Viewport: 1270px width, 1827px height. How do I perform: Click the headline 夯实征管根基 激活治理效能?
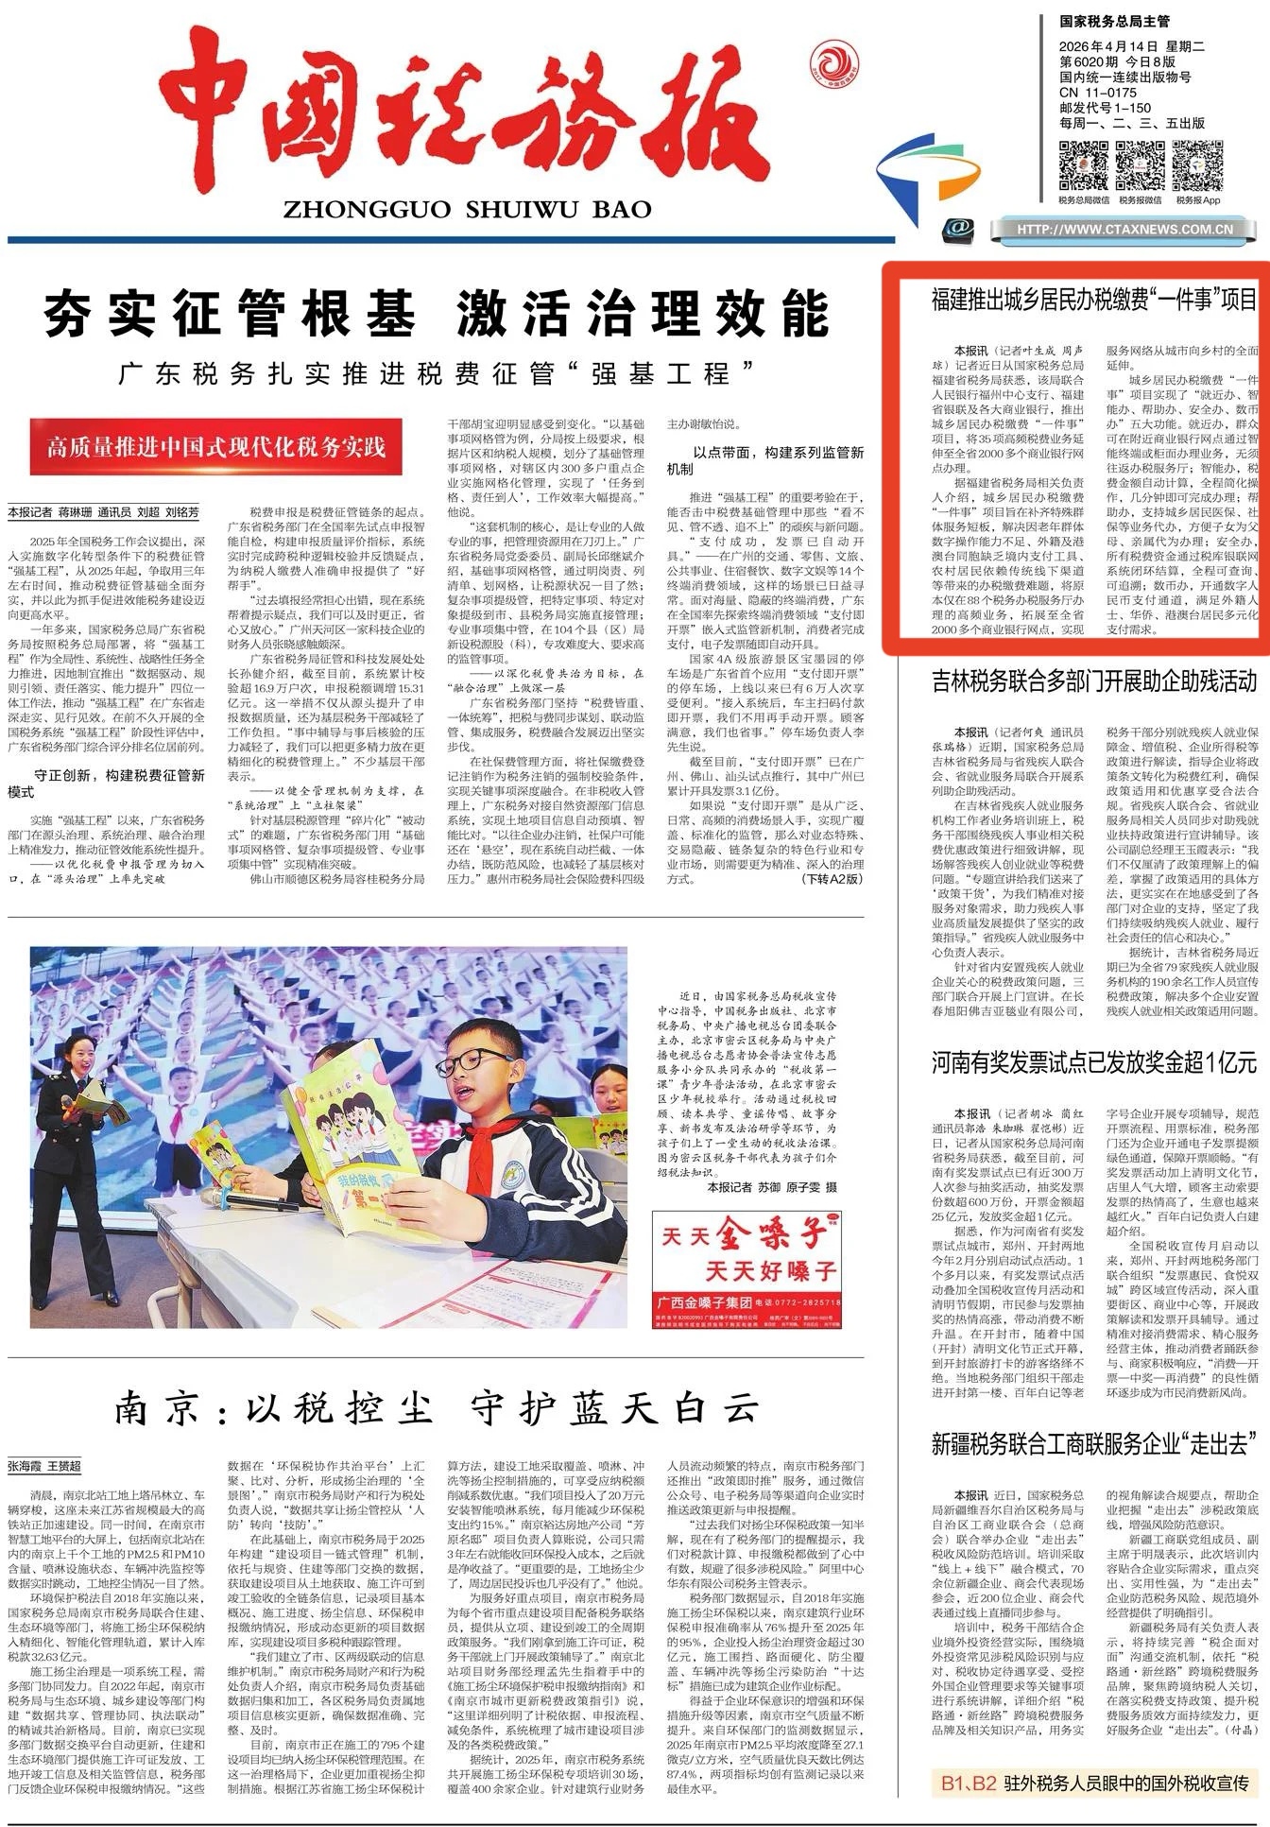pyautogui.click(x=436, y=314)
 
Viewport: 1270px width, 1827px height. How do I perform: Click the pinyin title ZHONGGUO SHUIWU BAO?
pyautogui.click(x=467, y=209)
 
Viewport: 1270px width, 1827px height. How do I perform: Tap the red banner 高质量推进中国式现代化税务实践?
pyautogui.click(x=216, y=446)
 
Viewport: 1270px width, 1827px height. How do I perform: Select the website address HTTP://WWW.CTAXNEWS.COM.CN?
pyautogui.click(x=1124, y=229)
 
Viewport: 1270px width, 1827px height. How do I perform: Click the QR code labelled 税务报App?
pyautogui.click(x=1195, y=164)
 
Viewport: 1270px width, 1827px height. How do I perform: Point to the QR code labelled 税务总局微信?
pyautogui.click(x=1082, y=164)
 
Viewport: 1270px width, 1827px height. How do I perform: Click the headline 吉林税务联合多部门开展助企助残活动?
pyautogui.click(x=1093, y=681)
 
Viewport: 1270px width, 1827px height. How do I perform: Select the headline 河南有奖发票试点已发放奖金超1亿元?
pyautogui.click(x=1093, y=1062)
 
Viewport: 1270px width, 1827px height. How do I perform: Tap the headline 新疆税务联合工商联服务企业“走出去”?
pyautogui.click(x=1093, y=1443)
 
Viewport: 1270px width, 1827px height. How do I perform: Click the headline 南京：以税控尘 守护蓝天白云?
pyautogui.click(x=437, y=1409)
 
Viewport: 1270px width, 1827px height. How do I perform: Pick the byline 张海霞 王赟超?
pyautogui.click(x=45, y=1466)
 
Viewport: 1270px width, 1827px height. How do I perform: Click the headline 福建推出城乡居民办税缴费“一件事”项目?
pyautogui.click(x=1093, y=301)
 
